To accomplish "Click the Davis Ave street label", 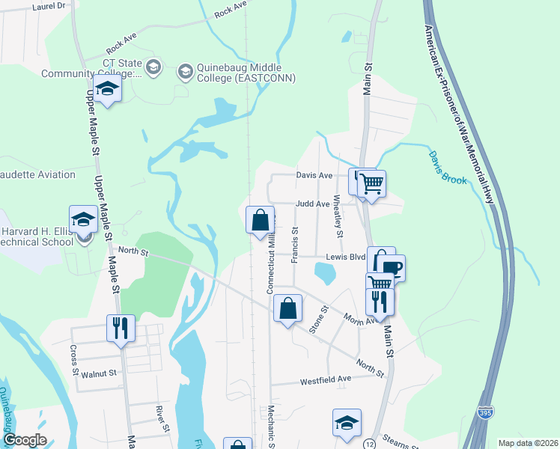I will [314, 175].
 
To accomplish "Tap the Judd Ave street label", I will [312, 204].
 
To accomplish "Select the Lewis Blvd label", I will [344, 256].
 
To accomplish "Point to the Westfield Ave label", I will [326, 380].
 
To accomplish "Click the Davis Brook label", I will [448, 168].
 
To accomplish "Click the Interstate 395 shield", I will [484, 411].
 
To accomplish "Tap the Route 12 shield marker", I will [370, 445].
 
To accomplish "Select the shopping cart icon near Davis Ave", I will [371, 183].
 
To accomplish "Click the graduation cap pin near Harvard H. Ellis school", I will [84, 219].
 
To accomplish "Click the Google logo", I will [25, 440].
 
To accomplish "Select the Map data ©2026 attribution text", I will [527, 443].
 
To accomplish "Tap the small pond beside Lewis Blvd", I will [326, 275].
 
